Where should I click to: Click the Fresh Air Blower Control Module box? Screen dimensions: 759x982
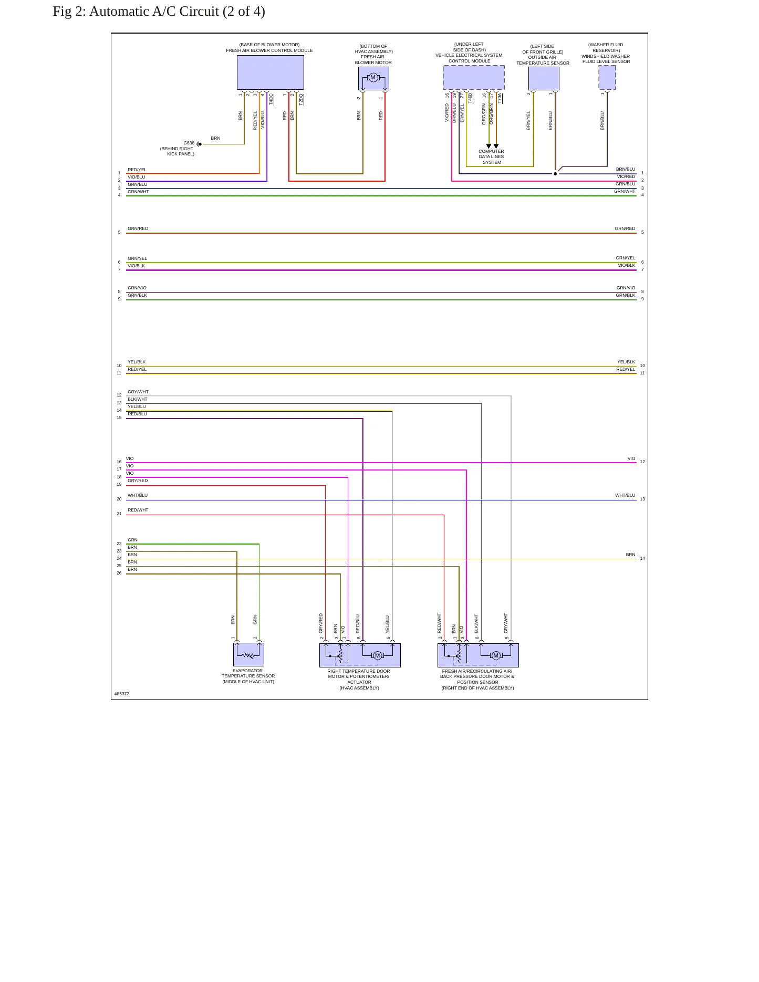pos(270,72)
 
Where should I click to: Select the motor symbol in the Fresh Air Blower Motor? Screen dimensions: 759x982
pos(373,78)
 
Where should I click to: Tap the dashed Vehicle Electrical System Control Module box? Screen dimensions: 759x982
pos(474,78)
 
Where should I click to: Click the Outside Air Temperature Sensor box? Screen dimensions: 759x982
pos(544,78)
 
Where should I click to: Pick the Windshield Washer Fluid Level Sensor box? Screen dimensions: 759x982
pos(607,78)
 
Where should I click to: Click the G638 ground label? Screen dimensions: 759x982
pos(189,143)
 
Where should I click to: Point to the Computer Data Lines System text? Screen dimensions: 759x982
pos(491,156)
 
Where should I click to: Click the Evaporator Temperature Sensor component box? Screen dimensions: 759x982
pos(248,655)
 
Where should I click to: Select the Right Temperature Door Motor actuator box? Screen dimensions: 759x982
pos(360,655)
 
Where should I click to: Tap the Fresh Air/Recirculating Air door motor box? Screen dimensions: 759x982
pos(478,655)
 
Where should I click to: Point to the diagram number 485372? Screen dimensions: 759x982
pos(122,694)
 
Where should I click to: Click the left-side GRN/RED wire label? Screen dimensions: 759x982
pos(138,228)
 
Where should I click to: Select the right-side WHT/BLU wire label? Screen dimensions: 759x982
pos(625,495)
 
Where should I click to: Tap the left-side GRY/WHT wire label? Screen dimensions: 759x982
pos(138,392)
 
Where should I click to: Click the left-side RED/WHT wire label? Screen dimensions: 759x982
pos(138,510)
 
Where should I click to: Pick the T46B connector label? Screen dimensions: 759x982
pos(470,98)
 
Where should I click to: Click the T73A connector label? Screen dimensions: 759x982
pos(500,98)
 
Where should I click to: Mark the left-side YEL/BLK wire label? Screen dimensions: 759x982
pos(137,362)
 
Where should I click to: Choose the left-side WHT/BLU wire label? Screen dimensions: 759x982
pos(138,495)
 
